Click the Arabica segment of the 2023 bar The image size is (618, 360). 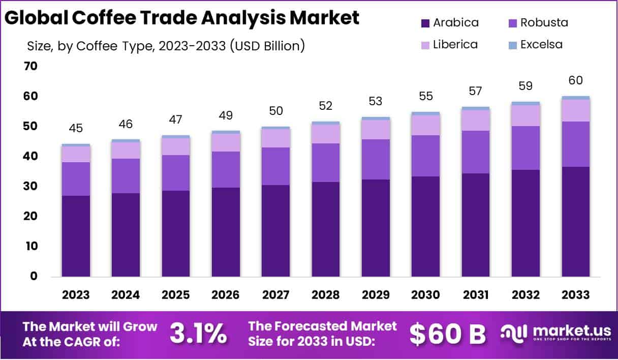(76, 236)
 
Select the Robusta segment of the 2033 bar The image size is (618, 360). (576, 144)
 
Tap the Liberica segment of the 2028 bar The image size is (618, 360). (326, 134)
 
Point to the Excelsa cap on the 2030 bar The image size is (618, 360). (426, 113)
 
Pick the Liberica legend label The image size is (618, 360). (455, 44)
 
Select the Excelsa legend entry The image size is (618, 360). (541, 44)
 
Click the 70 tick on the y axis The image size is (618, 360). (30, 66)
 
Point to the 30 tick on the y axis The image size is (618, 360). (30, 187)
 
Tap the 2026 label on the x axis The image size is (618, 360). (226, 295)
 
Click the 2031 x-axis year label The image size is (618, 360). (476, 295)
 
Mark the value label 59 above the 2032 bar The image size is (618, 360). (526, 86)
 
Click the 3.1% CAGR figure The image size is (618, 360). (198, 334)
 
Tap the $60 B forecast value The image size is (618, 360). (447, 334)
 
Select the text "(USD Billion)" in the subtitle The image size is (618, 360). (267, 46)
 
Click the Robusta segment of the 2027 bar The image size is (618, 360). (275, 166)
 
